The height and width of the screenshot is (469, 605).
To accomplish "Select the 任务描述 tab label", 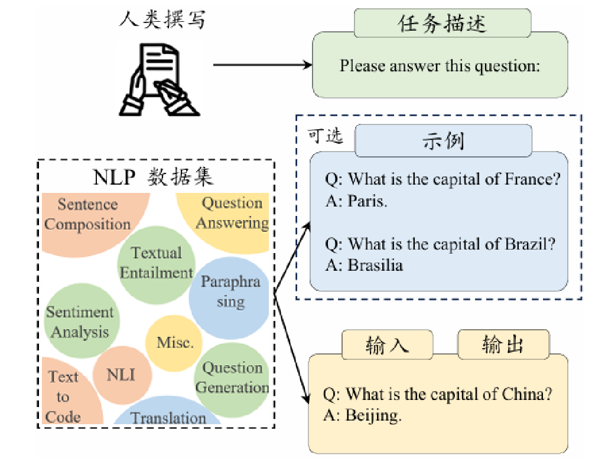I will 443,24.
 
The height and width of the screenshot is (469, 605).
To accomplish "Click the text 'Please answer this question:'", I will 440,65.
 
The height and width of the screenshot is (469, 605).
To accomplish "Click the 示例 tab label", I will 443,141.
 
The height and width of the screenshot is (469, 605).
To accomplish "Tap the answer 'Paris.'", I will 367,201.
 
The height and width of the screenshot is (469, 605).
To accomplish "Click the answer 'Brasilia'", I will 375,265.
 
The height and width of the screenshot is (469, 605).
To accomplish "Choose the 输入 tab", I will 387,344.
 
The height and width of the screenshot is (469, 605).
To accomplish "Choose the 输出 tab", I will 503,344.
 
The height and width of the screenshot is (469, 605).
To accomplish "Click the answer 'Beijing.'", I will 373,415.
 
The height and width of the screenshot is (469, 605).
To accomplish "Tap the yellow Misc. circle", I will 175,343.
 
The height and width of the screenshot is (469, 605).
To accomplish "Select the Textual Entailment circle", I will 157,263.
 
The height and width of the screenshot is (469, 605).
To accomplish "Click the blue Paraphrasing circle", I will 229,291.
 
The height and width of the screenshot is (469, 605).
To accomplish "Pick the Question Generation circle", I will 232,378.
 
